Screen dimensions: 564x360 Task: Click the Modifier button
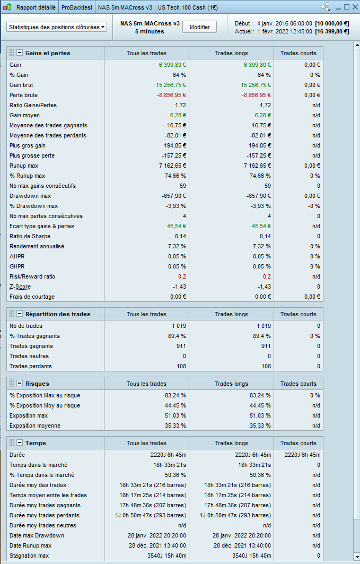[200, 27]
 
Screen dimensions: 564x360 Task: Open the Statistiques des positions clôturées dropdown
[57, 27]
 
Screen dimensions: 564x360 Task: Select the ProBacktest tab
[77, 8]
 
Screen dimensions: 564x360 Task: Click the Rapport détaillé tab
[36, 8]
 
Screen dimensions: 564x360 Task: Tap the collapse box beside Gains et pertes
[20, 53]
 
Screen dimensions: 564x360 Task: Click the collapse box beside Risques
[20, 384]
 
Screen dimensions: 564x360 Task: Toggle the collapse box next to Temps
[20, 443]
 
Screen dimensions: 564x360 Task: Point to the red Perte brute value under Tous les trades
[171, 95]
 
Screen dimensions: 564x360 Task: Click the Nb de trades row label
[26, 326]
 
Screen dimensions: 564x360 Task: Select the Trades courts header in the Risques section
[298, 384]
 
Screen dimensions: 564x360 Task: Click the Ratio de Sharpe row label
[30, 236]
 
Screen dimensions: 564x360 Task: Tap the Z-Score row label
[20, 287]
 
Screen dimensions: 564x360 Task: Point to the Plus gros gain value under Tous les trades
[173, 145]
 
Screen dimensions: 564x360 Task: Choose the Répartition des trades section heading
[58, 314]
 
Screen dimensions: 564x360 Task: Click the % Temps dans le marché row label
[42, 475]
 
